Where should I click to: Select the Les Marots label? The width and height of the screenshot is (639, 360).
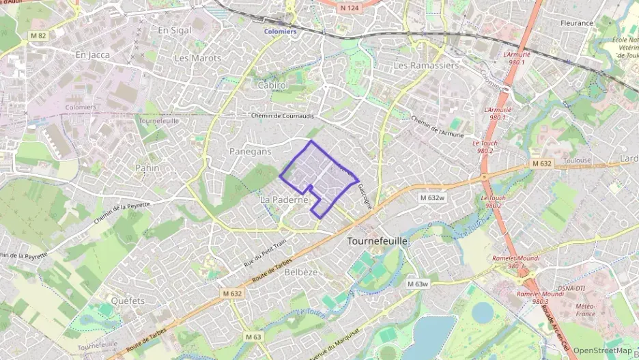(x=198, y=58)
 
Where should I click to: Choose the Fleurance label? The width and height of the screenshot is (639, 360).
(x=577, y=23)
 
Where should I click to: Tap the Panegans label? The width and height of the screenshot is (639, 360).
(x=251, y=151)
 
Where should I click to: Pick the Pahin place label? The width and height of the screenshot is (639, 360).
(x=147, y=167)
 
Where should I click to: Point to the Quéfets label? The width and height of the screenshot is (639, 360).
(x=128, y=301)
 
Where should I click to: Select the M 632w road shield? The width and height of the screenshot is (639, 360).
(x=432, y=197)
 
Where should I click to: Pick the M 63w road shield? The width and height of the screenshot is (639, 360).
(x=417, y=283)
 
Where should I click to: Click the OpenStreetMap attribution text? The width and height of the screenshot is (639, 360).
(x=602, y=350)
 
